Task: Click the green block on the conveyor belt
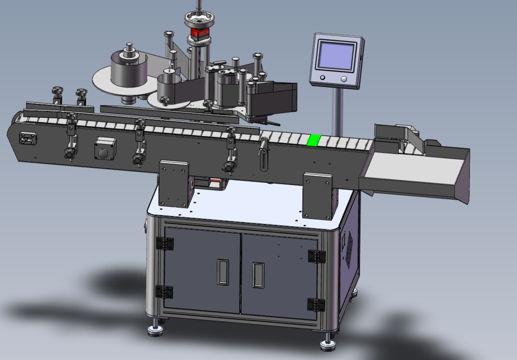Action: (x=313, y=140)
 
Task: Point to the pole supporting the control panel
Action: (x=338, y=112)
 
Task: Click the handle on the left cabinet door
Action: (x=223, y=272)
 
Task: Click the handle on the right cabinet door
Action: (x=258, y=275)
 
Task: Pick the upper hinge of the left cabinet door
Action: (x=165, y=244)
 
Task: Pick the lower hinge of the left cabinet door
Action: (x=164, y=291)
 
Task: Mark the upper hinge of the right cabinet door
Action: (x=316, y=256)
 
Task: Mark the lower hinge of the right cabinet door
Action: (x=316, y=304)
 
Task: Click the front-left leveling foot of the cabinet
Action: (x=156, y=328)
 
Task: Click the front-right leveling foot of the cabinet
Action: (x=328, y=341)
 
